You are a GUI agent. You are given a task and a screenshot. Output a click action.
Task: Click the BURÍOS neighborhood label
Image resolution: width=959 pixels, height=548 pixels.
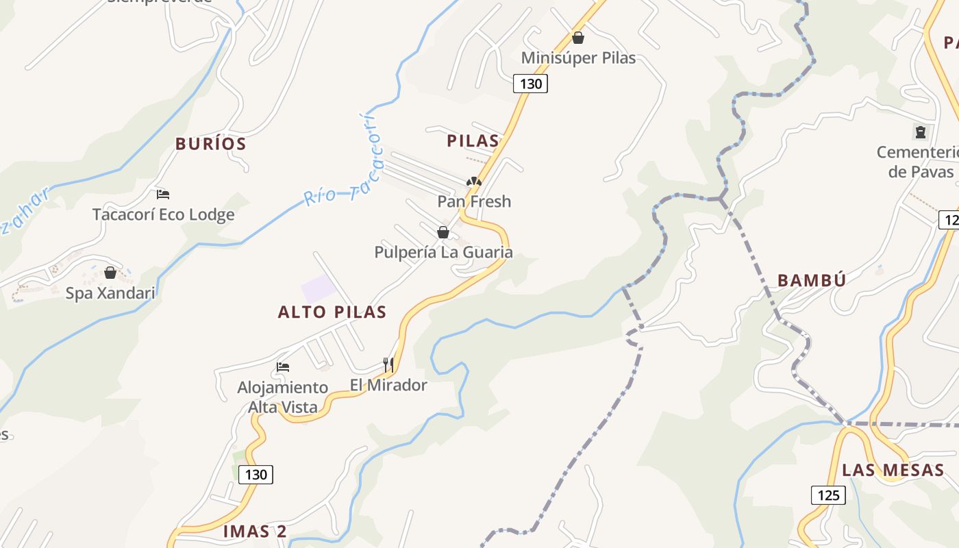[210, 144]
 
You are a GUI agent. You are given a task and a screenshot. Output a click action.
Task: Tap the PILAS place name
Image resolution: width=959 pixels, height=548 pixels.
[473, 141]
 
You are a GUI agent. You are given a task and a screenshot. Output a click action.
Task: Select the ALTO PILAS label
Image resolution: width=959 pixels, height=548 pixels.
[332, 312]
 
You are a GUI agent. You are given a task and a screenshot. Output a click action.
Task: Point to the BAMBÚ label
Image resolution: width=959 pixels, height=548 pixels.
[812, 280]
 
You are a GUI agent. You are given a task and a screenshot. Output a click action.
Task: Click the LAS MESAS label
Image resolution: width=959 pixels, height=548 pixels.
[893, 470]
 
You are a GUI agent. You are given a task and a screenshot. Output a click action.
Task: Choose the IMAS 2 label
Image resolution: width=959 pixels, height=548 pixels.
[255, 531]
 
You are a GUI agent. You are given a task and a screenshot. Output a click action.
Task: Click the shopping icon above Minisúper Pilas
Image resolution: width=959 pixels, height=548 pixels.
[578, 38]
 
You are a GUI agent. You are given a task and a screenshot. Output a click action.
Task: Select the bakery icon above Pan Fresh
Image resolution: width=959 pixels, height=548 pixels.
[474, 182]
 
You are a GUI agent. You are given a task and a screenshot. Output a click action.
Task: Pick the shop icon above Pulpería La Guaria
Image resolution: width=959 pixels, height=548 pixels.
[443, 232]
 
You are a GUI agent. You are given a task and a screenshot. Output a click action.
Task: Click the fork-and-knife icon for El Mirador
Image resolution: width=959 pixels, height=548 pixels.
[388, 364]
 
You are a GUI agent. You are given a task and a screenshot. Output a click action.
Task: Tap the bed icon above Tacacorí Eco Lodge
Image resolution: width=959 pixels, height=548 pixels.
[163, 195]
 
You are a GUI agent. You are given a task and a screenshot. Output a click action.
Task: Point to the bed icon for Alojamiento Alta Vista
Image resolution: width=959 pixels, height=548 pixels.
[283, 367]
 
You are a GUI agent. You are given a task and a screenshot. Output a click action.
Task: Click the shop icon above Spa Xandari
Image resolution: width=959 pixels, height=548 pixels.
[110, 273]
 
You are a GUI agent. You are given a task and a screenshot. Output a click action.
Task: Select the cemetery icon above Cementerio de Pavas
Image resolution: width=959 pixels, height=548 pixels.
[920, 132]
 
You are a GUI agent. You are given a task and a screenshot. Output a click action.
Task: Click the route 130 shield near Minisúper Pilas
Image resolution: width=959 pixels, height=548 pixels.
[530, 84]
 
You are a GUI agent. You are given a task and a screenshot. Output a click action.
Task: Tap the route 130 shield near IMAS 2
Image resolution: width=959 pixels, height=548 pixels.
[256, 474]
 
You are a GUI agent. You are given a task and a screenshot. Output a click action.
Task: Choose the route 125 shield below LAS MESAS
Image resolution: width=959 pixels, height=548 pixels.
[828, 495]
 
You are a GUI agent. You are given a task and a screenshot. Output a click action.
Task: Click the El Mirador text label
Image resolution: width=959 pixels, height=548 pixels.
[388, 385]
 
